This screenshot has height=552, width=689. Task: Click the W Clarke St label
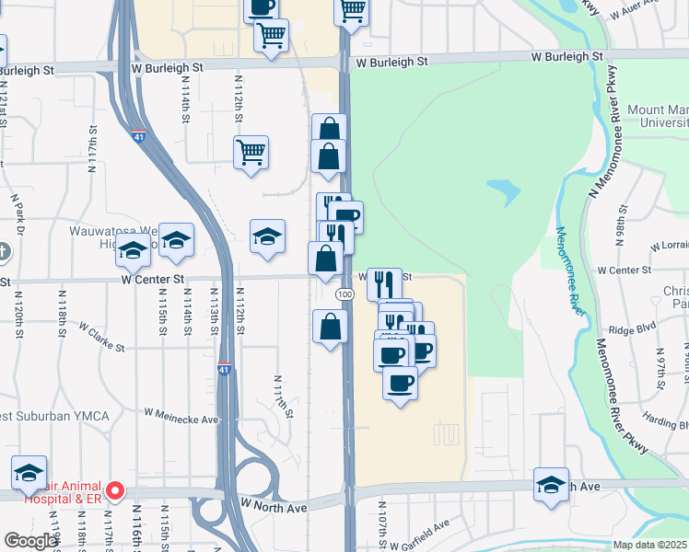pyautogui.click(x=101, y=337)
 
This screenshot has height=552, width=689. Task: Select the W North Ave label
pyautogui.click(x=274, y=505)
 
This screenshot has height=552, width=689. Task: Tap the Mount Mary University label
pyautogui.click(x=658, y=116)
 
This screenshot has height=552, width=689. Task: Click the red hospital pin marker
pyautogui.click(x=114, y=490)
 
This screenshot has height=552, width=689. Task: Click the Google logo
pyautogui.click(x=31, y=541)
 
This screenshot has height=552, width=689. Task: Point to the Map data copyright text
pyautogui.click(x=648, y=545)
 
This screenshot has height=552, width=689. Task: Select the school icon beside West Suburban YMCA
pyautogui.click(x=29, y=473)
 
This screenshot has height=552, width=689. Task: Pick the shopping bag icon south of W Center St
pyautogui.click(x=330, y=327)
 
